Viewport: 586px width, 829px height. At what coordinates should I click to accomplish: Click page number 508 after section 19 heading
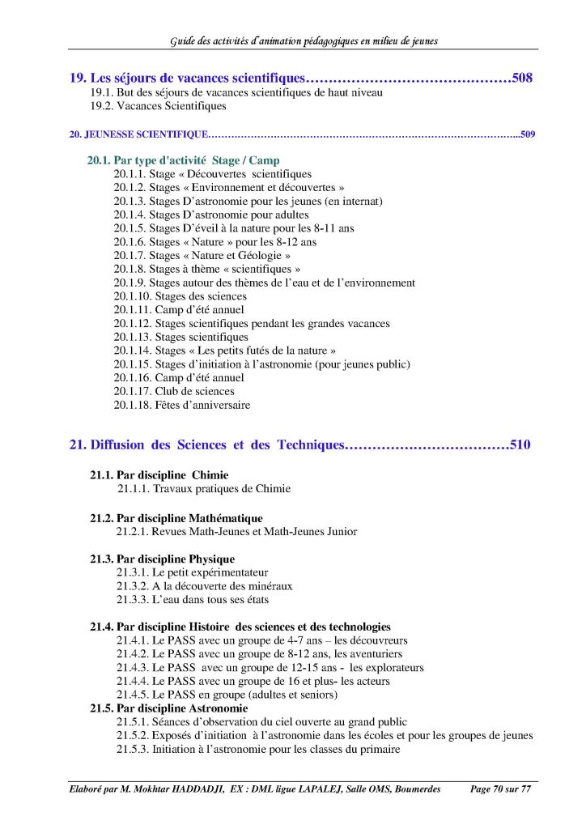click(x=522, y=79)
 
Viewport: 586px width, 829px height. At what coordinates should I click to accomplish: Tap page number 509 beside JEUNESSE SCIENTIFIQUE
click(x=527, y=134)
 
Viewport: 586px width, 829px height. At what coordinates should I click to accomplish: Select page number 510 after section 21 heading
click(x=520, y=444)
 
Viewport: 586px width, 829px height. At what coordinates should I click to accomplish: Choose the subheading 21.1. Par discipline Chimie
click(x=159, y=475)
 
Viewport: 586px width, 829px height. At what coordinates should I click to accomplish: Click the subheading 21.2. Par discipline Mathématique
click(x=176, y=518)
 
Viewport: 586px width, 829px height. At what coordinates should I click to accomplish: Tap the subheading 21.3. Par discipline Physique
click(x=162, y=559)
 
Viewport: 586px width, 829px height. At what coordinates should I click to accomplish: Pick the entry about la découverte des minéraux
click(x=204, y=586)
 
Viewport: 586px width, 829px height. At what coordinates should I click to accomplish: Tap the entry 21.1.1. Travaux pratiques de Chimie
click(x=203, y=489)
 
